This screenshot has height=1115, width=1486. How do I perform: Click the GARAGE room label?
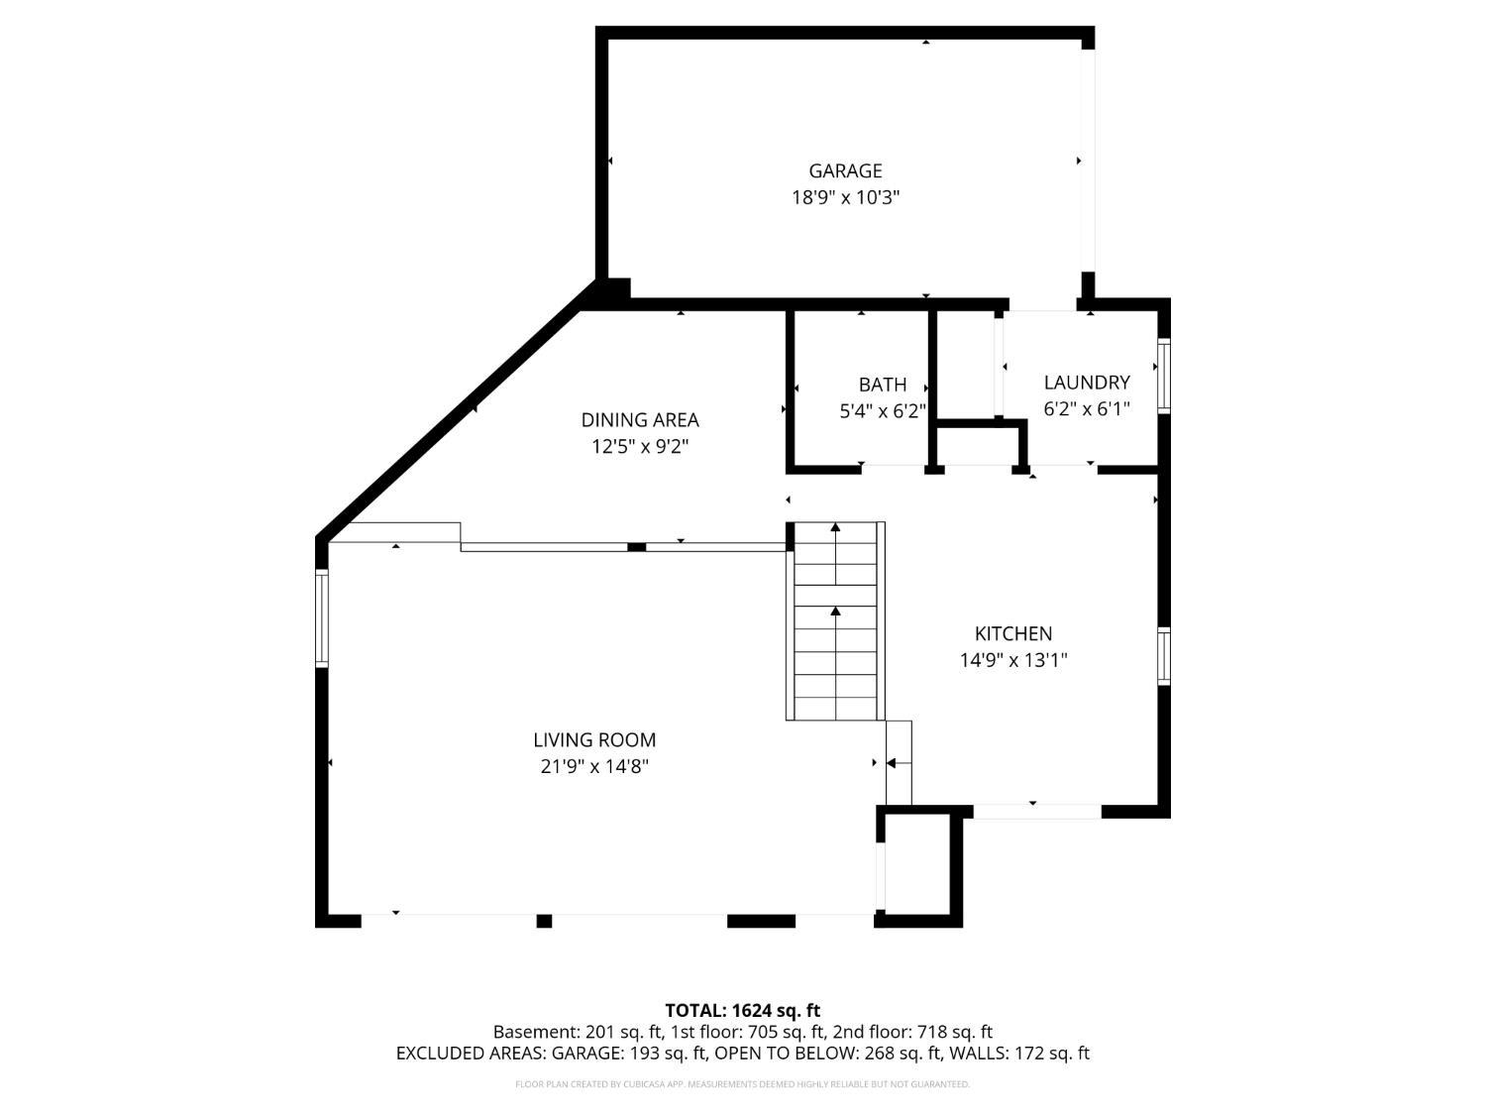[845, 170]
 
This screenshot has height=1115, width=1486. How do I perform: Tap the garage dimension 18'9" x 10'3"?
[845, 197]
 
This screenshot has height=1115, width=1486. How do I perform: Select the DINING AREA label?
[640, 419]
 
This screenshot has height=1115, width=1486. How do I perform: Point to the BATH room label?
[882, 385]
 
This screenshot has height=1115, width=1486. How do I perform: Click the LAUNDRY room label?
[1087, 383]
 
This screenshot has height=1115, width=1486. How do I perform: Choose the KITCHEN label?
[1012, 633]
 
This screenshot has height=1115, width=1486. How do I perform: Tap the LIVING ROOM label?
[594, 740]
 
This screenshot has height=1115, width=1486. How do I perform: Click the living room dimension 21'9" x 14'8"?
[594, 766]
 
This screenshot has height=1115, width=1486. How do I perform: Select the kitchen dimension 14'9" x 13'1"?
[1012, 660]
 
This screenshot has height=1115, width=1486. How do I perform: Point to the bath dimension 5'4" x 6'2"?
[882, 411]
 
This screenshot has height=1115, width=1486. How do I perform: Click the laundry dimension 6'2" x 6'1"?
[1087, 409]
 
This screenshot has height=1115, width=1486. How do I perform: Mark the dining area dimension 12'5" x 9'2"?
[640, 447]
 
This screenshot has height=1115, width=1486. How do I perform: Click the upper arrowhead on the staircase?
[835, 526]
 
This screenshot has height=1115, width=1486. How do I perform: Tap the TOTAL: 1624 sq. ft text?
[743, 1011]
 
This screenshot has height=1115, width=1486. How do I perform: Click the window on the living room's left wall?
[322, 618]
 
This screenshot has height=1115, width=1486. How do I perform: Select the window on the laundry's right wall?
[1163, 376]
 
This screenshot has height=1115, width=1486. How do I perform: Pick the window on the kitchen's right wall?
[1163, 656]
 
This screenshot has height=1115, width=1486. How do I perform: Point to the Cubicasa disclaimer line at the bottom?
[743, 1084]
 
